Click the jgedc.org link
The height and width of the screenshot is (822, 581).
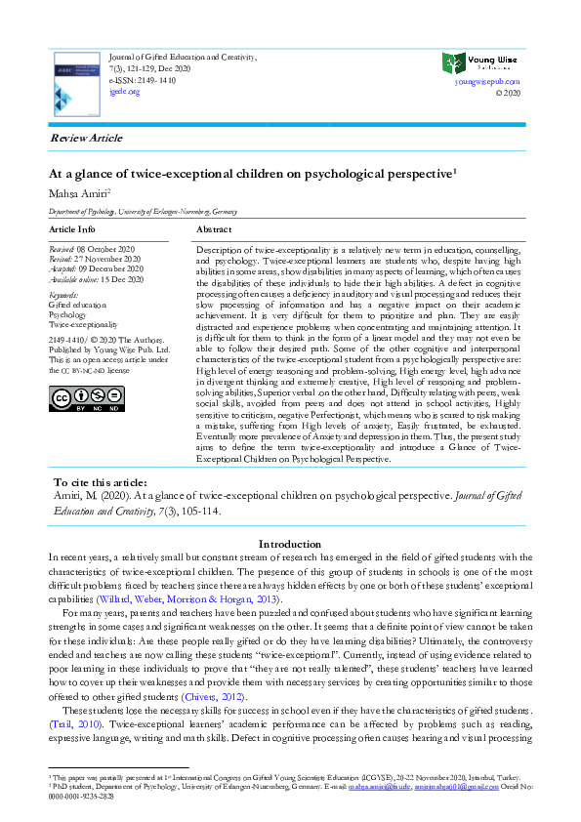(124, 91)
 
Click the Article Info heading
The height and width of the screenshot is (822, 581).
(72, 228)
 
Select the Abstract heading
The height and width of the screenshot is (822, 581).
(214, 228)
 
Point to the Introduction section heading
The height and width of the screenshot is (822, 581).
(291, 543)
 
